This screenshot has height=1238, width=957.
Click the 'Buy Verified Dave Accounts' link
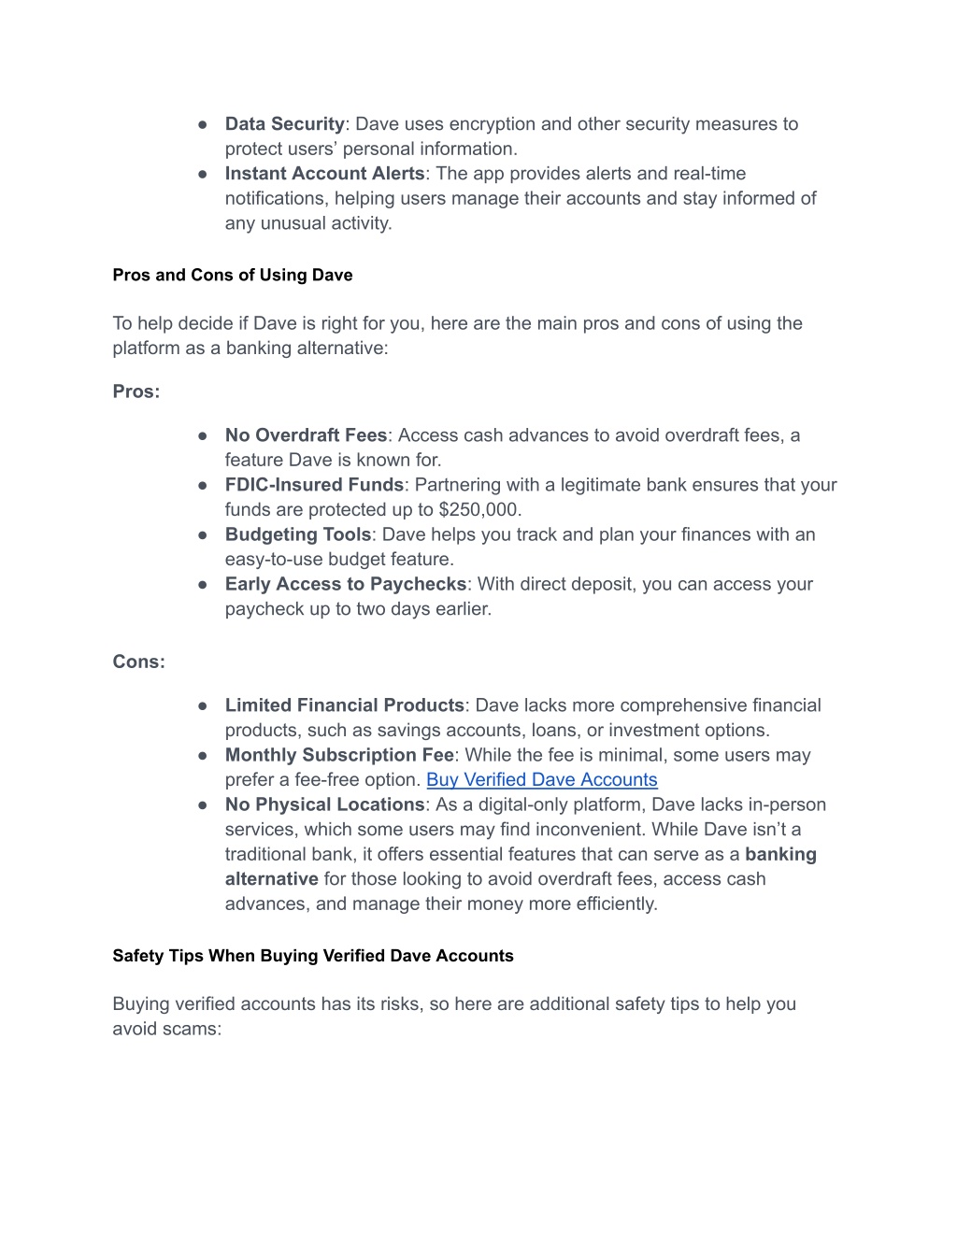coord(542,780)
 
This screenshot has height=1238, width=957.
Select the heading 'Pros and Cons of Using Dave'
coord(233,275)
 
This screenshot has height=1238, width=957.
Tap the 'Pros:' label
coord(136,391)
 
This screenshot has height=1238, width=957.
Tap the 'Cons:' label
coord(138,662)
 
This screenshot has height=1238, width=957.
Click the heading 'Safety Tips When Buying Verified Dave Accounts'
coord(313,956)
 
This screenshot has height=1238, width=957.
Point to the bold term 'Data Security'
coord(285,124)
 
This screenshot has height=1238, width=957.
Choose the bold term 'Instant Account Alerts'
coord(324,174)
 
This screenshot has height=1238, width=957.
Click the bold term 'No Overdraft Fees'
coord(306,435)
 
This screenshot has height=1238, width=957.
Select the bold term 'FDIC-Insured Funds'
coord(314,485)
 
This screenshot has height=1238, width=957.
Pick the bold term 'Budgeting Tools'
coord(298,534)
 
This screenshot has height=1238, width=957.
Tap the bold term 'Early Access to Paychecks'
coord(345,584)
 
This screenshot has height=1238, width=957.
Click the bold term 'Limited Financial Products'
coord(344,705)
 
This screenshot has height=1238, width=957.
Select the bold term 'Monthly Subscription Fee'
coord(339,755)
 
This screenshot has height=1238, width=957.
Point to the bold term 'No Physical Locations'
coord(324,804)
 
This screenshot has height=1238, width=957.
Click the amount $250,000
coord(479,510)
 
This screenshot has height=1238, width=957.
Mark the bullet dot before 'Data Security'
coord(203,124)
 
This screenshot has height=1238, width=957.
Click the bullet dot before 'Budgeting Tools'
coord(203,535)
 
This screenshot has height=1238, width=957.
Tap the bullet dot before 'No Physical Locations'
coord(203,805)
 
